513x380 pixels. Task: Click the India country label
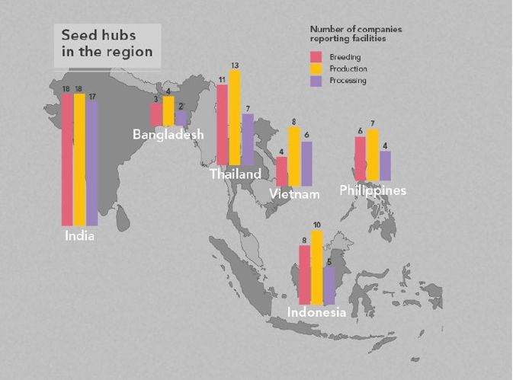pos(79,236)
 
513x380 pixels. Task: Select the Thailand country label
pos(236,174)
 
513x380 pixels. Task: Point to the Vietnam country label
pos(294,195)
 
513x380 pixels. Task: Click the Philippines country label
pos(373,190)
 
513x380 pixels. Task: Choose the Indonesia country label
pos(317,313)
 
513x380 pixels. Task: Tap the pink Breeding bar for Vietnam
pos(282,171)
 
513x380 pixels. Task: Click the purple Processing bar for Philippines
pos(385,166)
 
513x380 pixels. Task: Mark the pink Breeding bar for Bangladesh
pos(156,114)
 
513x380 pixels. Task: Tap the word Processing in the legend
pos(348,81)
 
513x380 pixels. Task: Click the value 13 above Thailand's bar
pos(235,65)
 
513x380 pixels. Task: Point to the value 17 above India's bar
pos(91,96)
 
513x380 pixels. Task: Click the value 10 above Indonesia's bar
pos(317,225)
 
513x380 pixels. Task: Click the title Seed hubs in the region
pos(107,43)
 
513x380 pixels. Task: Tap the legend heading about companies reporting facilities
pos(356,33)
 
